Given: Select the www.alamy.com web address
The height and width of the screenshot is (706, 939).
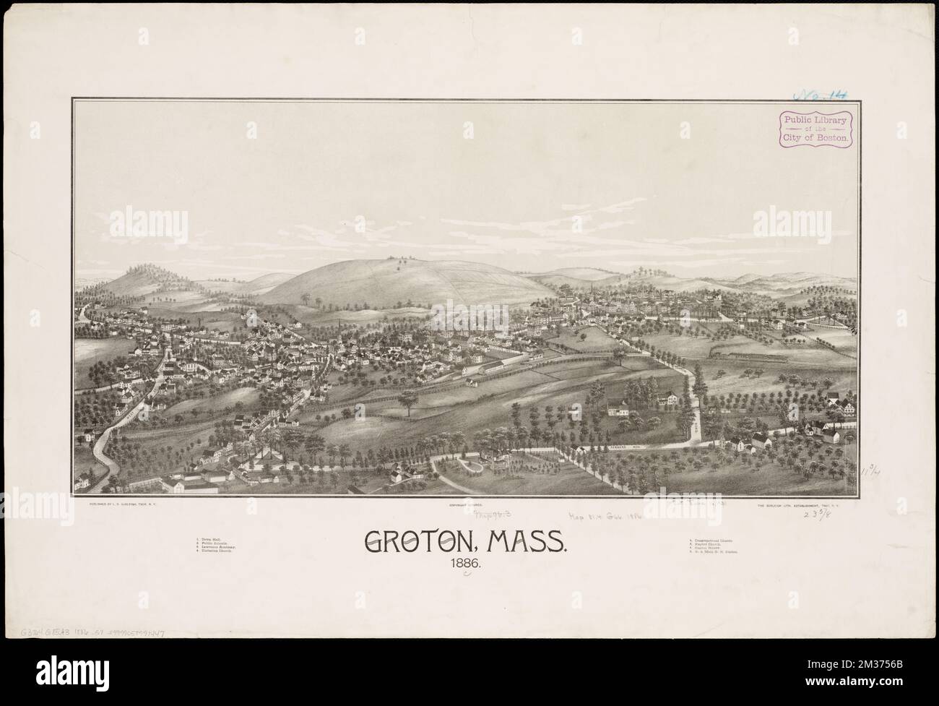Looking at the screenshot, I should tap(874, 695).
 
